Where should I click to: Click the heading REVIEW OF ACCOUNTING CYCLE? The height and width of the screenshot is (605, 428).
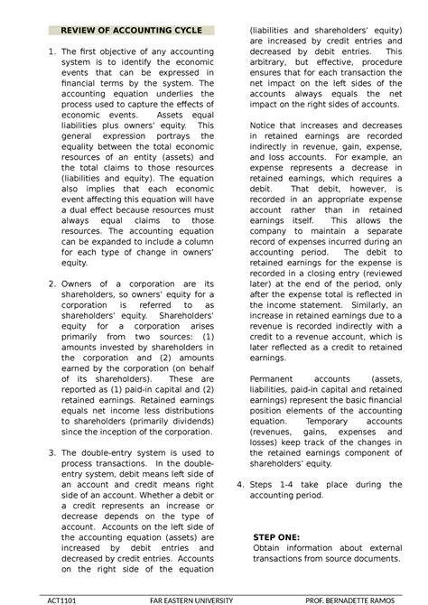[130, 31]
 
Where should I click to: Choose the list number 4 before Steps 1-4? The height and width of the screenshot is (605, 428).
[239, 485]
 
